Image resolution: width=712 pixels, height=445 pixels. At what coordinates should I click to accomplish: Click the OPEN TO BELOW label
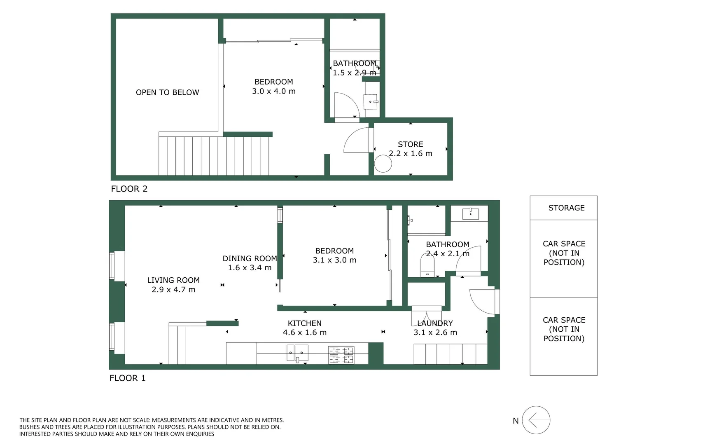(x=167, y=92)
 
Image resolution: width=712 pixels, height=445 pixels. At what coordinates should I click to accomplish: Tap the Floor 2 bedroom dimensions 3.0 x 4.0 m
(x=274, y=91)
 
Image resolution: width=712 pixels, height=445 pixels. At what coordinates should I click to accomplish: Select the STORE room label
(x=411, y=144)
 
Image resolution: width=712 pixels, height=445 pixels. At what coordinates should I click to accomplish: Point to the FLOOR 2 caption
(x=129, y=189)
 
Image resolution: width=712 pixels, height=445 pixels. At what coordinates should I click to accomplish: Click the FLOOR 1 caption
(x=127, y=378)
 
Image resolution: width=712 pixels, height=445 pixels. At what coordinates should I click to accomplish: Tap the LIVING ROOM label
(x=173, y=280)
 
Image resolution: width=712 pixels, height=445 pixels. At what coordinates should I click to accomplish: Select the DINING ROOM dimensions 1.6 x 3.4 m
(x=250, y=267)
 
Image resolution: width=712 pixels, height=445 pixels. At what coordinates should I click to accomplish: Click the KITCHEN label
(x=305, y=323)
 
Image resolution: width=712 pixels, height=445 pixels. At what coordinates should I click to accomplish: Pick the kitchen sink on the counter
(x=297, y=353)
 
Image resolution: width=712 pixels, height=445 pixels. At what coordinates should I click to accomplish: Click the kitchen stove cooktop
(x=341, y=355)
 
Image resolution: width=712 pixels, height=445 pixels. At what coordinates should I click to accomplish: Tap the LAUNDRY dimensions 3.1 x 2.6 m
(x=435, y=332)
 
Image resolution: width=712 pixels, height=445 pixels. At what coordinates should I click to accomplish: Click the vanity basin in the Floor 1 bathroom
(x=470, y=213)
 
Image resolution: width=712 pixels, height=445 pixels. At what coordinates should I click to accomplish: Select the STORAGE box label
(x=566, y=208)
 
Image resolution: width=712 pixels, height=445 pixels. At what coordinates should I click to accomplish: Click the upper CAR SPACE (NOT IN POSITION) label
(x=564, y=253)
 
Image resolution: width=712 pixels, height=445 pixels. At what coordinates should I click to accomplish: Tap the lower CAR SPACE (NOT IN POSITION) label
(x=564, y=329)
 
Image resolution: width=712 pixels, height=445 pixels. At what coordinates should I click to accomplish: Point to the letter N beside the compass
(x=516, y=421)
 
